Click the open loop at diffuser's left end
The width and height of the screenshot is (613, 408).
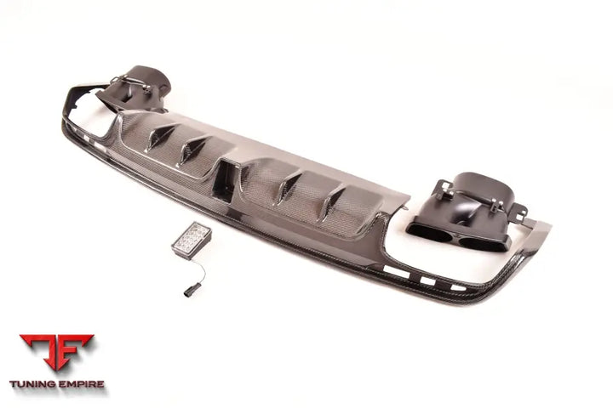pos(85,106)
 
